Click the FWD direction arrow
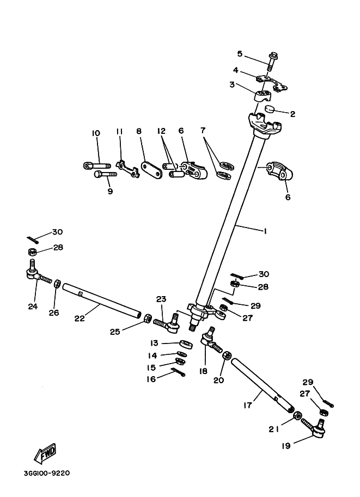pos(45,453)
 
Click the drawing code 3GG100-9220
pos(46,473)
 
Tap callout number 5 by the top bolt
pos(240,53)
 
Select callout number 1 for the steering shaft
pos(265,231)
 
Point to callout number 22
pos(80,318)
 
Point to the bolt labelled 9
pos(105,175)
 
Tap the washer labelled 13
pos(185,344)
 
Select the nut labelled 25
pos(147,318)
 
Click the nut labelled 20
pos(227,355)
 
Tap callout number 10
pos(96,133)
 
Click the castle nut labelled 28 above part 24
pos(33,252)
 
